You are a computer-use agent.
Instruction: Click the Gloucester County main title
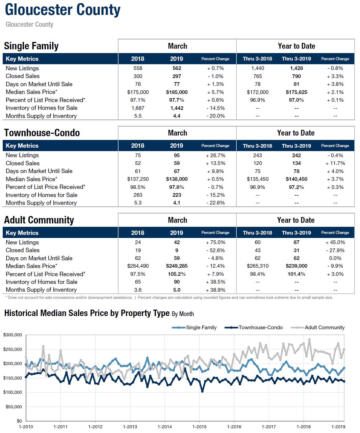pos(62,10)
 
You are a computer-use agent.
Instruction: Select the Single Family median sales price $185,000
pos(177,92)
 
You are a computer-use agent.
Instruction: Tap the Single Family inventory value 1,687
pos(137,108)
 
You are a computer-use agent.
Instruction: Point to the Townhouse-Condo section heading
pos(42,133)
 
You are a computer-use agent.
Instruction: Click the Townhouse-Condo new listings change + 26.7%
pos(215,155)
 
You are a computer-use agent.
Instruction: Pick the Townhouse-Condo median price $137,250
pos(138,179)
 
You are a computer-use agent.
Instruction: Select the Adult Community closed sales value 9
pos(177,250)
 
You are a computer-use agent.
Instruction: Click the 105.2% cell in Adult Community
pos(177,274)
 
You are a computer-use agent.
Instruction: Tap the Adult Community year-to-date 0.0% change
pos(335,258)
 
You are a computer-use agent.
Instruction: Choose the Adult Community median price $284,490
pos(138,266)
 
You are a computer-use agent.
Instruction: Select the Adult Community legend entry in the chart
pos(317,328)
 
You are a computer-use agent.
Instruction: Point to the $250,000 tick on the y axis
pos(12,349)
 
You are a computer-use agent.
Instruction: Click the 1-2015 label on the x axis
pos(199,427)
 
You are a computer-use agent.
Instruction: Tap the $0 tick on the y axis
pos(19,421)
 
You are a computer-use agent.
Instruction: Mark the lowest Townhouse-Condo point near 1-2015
pos(202,391)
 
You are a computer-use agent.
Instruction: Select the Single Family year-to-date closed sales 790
pos(297,76)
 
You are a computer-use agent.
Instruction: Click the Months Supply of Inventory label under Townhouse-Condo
pos(41,203)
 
